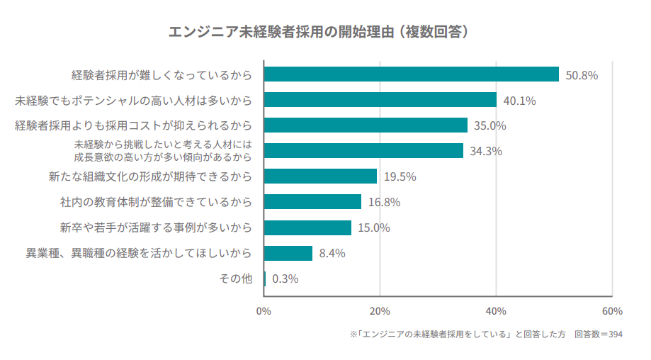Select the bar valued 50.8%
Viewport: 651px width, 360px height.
coord(411,74)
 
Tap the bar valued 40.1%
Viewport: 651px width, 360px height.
coord(380,100)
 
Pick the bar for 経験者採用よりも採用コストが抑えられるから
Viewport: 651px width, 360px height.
coord(366,125)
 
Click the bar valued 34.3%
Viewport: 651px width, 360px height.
coord(363,151)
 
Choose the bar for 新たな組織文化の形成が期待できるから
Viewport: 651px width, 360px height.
coord(320,176)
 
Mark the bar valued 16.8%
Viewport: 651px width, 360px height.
coord(312,202)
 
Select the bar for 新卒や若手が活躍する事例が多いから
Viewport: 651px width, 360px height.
coord(307,227)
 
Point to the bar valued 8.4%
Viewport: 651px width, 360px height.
coord(288,253)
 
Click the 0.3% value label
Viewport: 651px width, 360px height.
coord(285,279)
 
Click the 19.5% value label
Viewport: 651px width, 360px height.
coord(400,176)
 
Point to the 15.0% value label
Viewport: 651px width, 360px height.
coord(374,227)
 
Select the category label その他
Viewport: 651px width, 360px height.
coord(236,279)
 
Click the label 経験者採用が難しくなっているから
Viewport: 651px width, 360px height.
coord(162,74)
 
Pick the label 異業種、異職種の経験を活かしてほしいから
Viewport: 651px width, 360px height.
coord(139,253)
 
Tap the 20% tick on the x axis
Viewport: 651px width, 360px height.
coord(380,311)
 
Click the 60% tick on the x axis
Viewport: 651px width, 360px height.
coord(611,311)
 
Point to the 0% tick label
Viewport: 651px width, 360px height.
coord(264,311)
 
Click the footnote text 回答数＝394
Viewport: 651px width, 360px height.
coord(599,334)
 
